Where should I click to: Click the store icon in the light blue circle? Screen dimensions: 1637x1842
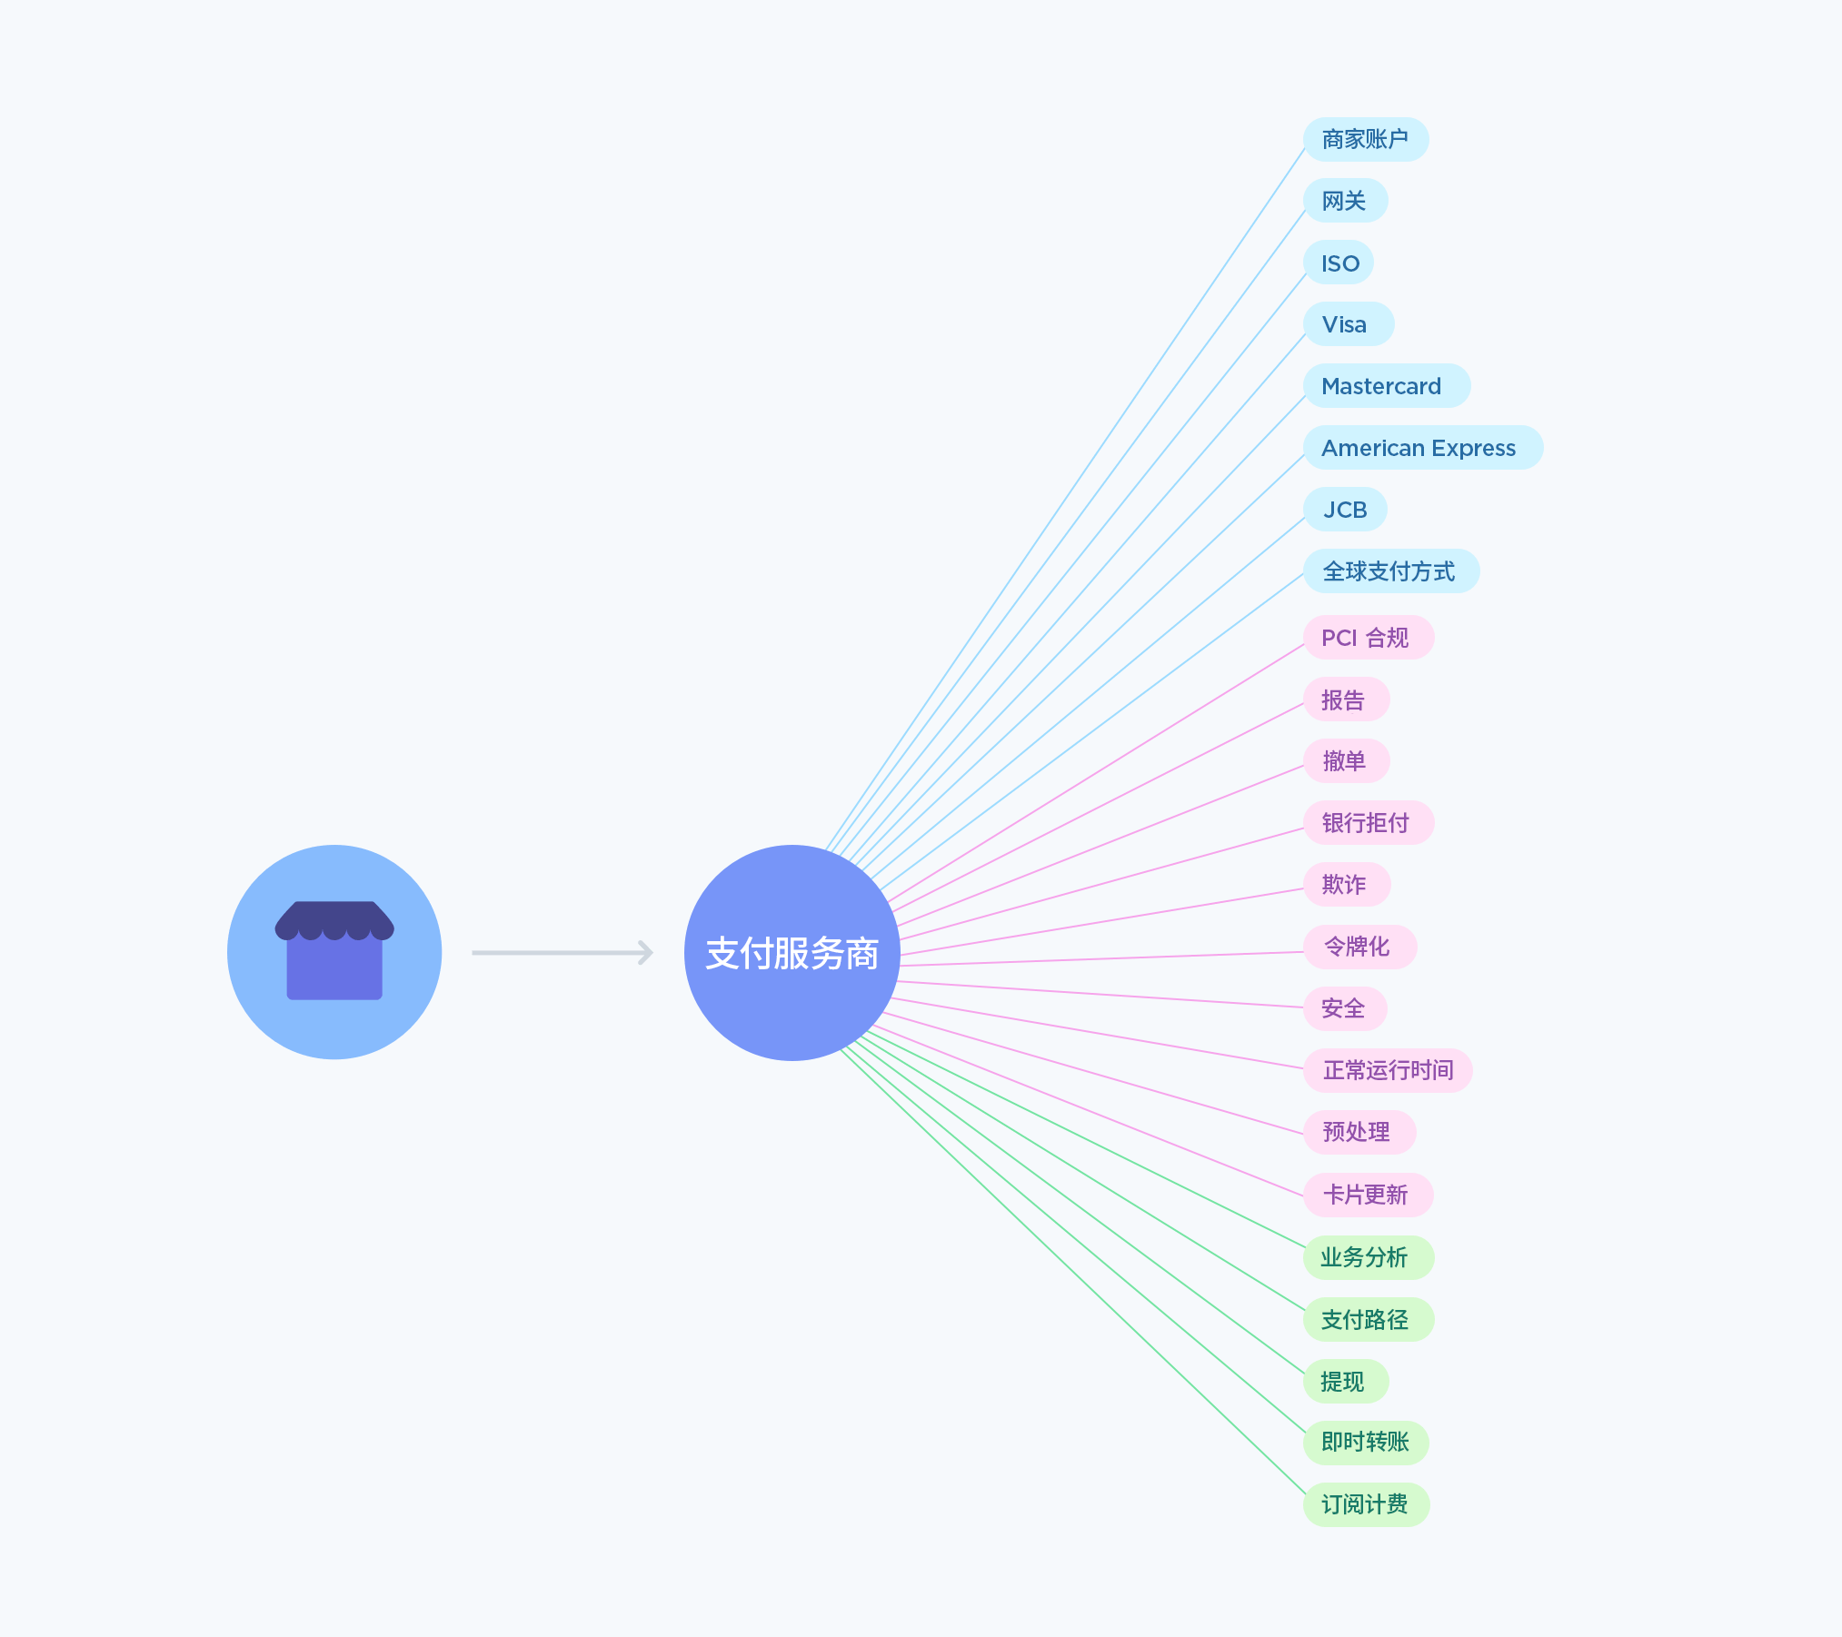[x=334, y=951]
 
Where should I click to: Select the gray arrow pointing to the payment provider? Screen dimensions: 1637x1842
[x=562, y=952]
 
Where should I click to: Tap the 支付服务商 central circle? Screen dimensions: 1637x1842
[x=792, y=953]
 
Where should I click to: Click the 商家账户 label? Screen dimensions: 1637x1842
[x=1365, y=140]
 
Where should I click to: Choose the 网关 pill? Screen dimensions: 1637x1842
[x=1345, y=201]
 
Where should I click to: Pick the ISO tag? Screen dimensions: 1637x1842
[x=1339, y=263]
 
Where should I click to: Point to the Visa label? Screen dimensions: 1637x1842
[x=1347, y=324]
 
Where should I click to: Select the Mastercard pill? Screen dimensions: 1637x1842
[x=1385, y=386]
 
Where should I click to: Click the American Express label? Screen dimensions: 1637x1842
[x=1421, y=448]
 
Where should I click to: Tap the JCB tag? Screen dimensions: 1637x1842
[x=1345, y=510]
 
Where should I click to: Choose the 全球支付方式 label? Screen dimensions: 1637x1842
[x=1390, y=571]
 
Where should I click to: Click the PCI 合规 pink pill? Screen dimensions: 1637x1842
[x=1368, y=638]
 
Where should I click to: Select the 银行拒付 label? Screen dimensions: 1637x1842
[x=1368, y=823]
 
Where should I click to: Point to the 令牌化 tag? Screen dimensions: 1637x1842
[x=1359, y=947]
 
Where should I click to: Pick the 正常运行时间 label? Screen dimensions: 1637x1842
[x=1388, y=1070]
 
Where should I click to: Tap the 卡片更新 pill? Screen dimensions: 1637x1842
[x=1368, y=1195]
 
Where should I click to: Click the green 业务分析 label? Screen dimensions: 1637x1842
[x=1368, y=1257]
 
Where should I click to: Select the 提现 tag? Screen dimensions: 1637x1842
[x=1345, y=1382]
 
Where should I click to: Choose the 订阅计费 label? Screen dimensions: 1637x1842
[x=1366, y=1505]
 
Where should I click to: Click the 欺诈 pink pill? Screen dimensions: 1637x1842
[x=1346, y=885]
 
